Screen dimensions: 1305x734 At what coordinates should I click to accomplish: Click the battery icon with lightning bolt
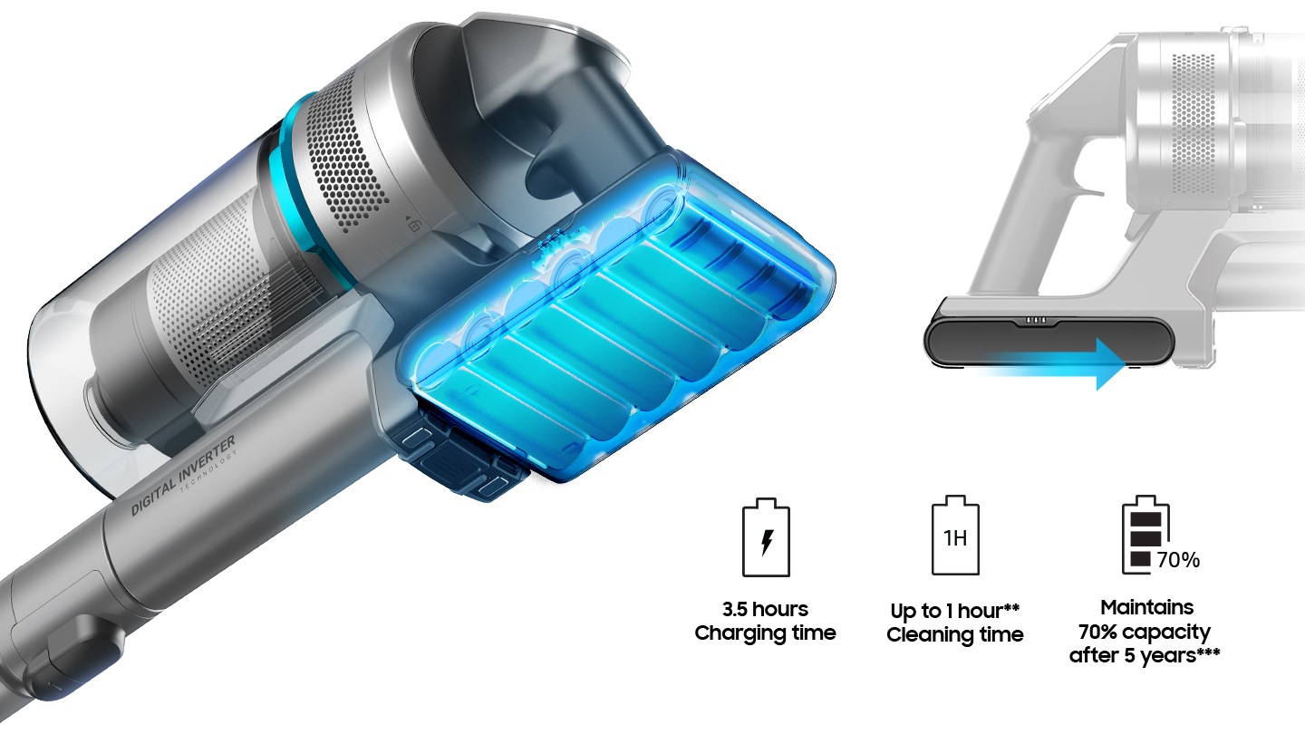(x=766, y=537)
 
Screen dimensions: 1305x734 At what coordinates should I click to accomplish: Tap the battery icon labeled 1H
(x=955, y=536)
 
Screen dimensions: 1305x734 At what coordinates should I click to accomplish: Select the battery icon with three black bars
(x=1145, y=535)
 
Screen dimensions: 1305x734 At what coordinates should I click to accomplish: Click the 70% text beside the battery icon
(x=1178, y=560)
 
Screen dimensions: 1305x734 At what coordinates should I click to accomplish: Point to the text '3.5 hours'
(x=765, y=609)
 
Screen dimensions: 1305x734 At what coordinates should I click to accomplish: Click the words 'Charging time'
(x=765, y=633)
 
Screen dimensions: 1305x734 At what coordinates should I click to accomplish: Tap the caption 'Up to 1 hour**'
(x=955, y=611)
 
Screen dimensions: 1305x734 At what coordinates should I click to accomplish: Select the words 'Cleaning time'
(x=955, y=634)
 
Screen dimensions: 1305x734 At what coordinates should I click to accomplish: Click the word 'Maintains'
(x=1146, y=607)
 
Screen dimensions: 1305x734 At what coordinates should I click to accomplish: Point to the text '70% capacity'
(x=1145, y=633)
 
